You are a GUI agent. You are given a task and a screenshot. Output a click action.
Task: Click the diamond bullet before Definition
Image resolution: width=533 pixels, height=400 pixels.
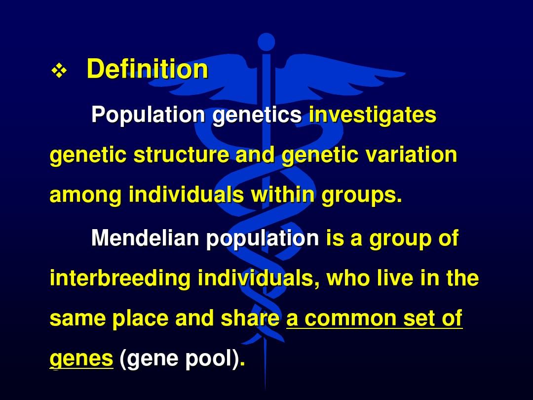[59, 71]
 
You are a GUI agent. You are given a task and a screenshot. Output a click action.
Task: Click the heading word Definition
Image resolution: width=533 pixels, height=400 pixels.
[147, 69]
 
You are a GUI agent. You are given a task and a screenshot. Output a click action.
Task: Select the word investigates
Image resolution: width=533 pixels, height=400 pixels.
[373, 115]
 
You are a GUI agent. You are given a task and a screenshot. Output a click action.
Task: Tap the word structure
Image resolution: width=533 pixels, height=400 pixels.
[181, 155]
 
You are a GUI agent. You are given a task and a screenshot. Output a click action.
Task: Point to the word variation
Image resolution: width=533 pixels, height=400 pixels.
[411, 155]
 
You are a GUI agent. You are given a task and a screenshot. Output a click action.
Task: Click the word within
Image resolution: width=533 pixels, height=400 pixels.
[282, 195]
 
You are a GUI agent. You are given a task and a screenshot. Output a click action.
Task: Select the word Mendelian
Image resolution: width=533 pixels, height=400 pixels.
[145, 238]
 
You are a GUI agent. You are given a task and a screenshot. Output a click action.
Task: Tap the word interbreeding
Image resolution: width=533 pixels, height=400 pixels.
[120, 278]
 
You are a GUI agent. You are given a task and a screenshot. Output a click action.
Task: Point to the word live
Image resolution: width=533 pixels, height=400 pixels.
[395, 278]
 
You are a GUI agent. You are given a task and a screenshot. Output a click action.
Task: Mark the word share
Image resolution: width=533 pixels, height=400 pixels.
[250, 318]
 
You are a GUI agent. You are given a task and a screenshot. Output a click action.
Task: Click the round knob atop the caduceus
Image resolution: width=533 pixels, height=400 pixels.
[266, 42]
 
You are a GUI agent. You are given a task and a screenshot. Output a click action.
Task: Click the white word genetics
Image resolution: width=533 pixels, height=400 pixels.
[257, 116]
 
